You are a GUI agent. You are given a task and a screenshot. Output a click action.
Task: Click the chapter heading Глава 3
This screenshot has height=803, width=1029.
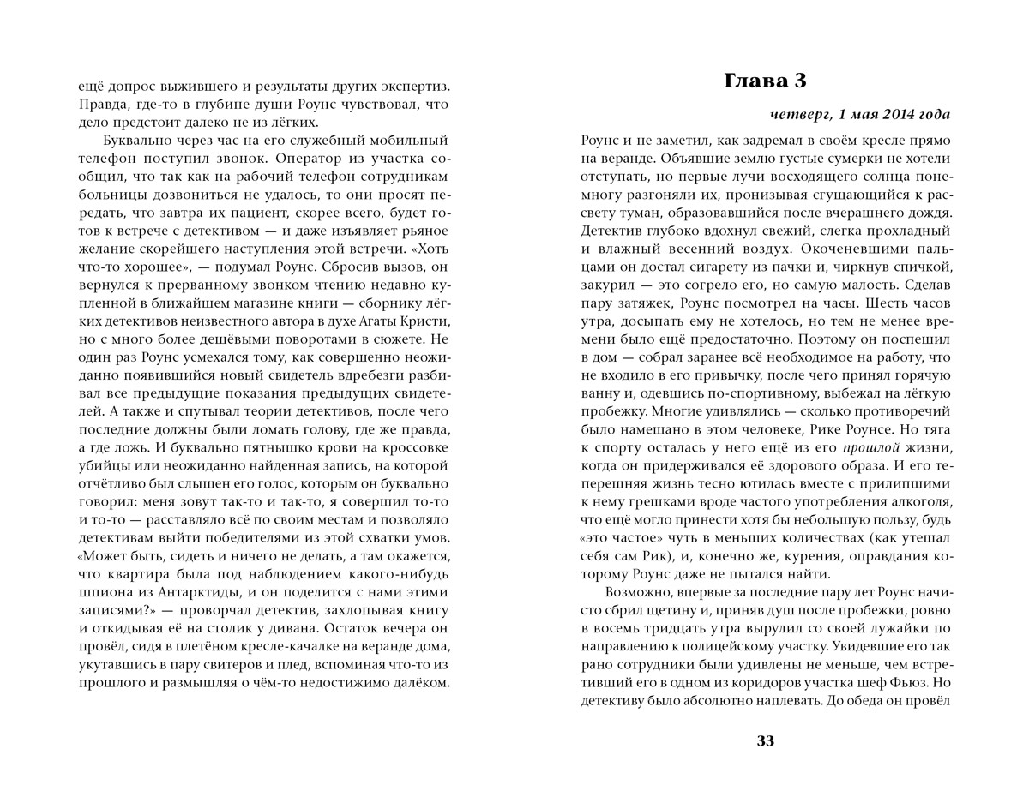pos(766,81)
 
